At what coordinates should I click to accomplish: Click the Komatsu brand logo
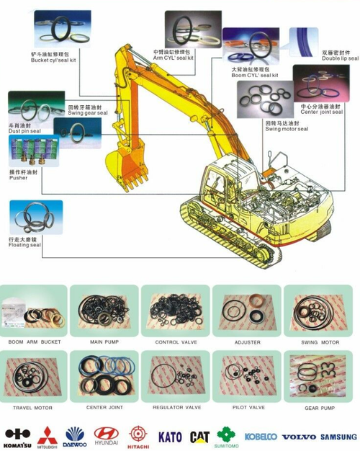(x=17, y=434)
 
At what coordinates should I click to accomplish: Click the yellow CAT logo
(x=199, y=437)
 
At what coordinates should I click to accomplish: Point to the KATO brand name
(x=170, y=437)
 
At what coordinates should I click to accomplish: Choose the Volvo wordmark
(x=300, y=437)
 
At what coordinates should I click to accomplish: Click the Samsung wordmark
(x=338, y=437)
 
